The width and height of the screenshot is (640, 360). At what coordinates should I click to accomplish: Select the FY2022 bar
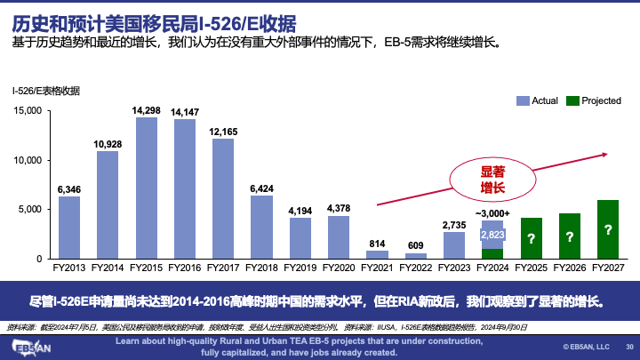[415, 255]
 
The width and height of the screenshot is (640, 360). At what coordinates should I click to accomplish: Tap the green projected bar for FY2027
[607, 229]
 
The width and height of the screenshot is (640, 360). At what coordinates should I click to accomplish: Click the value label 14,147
[185, 112]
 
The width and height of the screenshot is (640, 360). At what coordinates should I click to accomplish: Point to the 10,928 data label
[108, 144]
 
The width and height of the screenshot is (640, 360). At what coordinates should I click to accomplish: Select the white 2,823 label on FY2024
[492, 235]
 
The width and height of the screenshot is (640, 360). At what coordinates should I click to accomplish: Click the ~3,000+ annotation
[492, 213]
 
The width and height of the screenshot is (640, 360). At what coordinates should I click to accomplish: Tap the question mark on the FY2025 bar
[531, 239]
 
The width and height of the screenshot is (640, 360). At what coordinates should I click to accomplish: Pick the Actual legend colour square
[524, 100]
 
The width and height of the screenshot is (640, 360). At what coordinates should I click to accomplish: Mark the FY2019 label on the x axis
[300, 268]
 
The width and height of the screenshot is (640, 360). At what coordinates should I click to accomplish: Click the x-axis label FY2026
[569, 268]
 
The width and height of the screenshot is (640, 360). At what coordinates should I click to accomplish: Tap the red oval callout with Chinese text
[492, 180]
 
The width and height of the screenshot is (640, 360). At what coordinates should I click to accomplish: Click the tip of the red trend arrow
[607, 154]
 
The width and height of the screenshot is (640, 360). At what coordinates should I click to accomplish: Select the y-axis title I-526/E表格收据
[45, 91]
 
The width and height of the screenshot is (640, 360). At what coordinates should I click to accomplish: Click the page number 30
[629, 347]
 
